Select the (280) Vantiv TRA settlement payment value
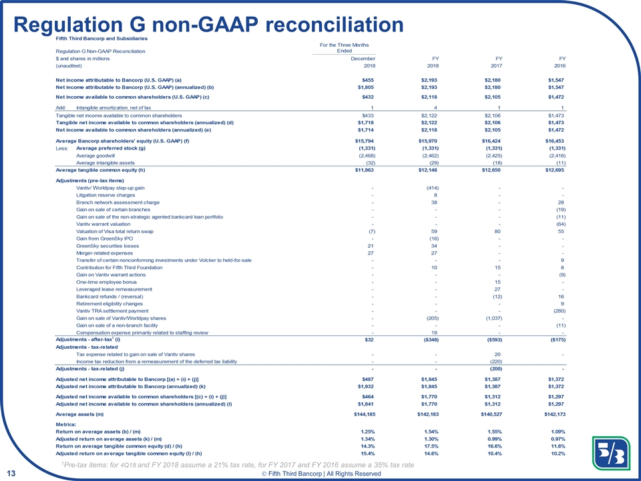coord(556,311)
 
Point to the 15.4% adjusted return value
coord(363,454)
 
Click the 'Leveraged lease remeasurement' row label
coord(114,289)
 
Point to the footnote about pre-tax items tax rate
coord(236,464)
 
